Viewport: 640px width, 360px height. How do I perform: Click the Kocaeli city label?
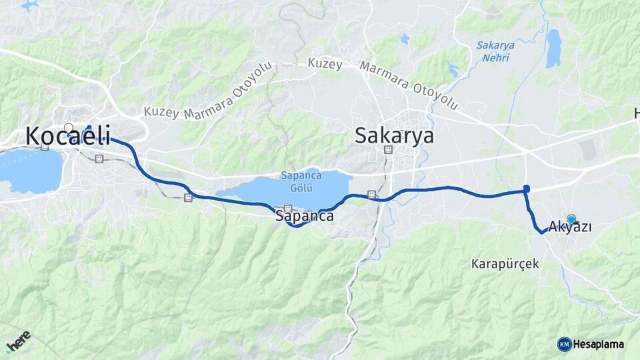(x=68, y=135)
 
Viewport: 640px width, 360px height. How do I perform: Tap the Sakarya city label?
(x=394, y=136)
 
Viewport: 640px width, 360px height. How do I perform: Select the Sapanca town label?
(x=304, y=217)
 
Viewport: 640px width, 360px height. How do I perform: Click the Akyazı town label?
(x=571, y=227)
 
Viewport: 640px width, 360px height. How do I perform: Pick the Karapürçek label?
(x=505, y=264)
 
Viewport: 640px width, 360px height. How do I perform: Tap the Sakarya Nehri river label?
(x=494, y=51)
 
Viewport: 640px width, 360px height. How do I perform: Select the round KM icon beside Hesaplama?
(x=565, y=344)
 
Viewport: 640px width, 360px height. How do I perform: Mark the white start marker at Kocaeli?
(x=69, y=127)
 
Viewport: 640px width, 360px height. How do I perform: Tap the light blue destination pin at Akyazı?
(x=571, y=219)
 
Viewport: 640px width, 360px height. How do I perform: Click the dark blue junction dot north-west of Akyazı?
(x=527, y=189)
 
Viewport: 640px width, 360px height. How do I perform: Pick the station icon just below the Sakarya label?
(x=389, y=150)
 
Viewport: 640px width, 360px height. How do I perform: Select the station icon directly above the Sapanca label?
(x=288, y=208)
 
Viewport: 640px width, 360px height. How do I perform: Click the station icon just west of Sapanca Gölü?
(x=189, y=198)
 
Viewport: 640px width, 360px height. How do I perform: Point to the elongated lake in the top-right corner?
(x=553, y=48)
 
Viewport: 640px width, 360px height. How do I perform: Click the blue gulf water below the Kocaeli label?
(x=30, y=170)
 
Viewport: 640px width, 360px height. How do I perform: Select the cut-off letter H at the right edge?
(x=637, y=114)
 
